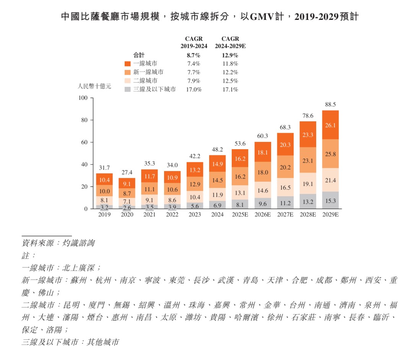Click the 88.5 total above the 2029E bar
330,104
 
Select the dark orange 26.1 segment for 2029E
330,125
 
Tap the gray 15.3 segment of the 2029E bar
330,200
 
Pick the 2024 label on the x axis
218,215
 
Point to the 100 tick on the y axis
83,98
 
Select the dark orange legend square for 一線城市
128,64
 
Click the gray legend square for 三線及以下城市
128,90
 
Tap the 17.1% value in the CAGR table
230,90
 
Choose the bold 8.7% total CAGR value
194,55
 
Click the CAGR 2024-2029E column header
230,42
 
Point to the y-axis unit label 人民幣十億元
94,86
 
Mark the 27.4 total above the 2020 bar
127,173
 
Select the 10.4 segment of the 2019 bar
104,179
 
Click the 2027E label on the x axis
285,215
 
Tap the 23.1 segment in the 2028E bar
308,161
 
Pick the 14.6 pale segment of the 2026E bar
263,190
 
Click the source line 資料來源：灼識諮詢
58,243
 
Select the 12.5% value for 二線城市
230,81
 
